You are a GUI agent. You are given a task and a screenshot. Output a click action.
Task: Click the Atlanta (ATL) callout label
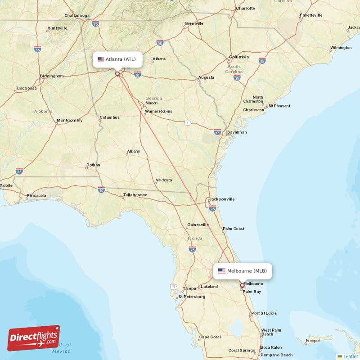(x=117, y=59)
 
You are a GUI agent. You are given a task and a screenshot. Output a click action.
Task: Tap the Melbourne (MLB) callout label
(x=243, y=271)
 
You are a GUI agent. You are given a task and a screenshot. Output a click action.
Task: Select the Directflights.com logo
(x=34, y=338)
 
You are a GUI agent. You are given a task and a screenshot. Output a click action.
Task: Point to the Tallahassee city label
(x=135, y=195)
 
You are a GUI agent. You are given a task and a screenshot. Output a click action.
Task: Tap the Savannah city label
(x=237, y=132)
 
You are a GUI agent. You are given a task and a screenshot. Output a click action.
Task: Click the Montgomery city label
(x=70, y=120)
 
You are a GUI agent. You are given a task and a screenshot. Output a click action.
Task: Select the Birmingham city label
(x=52, y=76)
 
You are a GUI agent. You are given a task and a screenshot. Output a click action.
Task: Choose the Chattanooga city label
(x=77, y=15)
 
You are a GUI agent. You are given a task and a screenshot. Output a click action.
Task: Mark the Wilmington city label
(x=341, y=48)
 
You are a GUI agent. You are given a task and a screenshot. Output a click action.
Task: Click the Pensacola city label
(x=36, y=196)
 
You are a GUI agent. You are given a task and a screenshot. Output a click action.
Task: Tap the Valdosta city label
(x=163, y=180)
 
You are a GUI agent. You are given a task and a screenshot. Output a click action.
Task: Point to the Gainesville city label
(x=198, y=225)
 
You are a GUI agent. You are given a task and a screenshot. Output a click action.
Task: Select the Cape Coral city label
(x=210, y=337)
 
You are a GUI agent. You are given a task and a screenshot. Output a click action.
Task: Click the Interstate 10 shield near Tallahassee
(x=101, y=190)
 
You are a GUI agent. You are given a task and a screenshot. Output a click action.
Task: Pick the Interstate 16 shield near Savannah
(x=218, y=132)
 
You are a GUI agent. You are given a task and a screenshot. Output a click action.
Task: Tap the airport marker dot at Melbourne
(x=242, y=285)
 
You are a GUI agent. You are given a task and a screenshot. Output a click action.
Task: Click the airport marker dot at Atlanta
(x=117, y=74)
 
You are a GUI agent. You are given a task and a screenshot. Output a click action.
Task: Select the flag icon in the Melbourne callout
(x=221, y=271)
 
